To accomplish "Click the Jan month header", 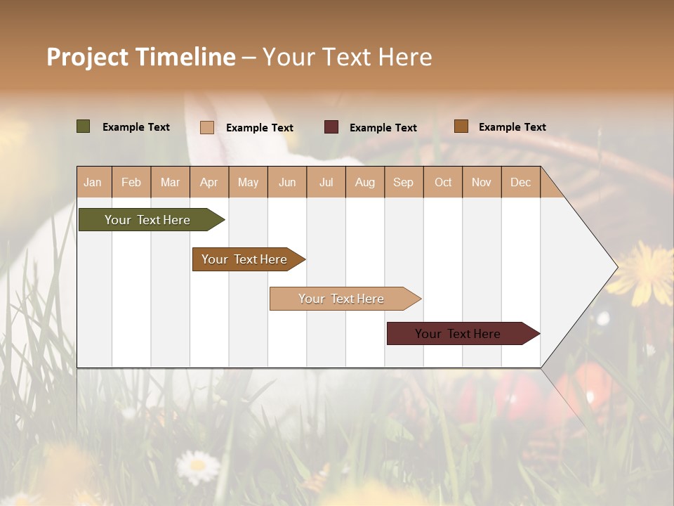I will pyautogui.click(x=93, y=182).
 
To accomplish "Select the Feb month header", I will pyautogui.click(x=131, y=182).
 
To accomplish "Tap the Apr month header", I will pyautogui.click(x=209, y=182).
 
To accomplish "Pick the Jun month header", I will pyautogui.click(x=287, y=182).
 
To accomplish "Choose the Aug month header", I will pyautogui.click(x=364, y=182).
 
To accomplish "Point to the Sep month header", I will pyautogui.click(x=403, y=182).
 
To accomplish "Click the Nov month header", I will pyautogui.click(x=481, y=182).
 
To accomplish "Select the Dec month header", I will pyautogui.click(x=520, y=182).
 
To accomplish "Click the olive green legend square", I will pyautogui.click(x=84, y=126).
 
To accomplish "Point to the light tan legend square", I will pyautogui.click(x=207, y=127).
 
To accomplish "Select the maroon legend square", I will pyautogui.click(x=331, y=127).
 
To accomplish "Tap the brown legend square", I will pyautogui.click(x=461, y=126).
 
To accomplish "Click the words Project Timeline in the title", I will pyautogui.click(x=140, y=57).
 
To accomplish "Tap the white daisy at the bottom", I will pyautogui.click(x=197, y=465).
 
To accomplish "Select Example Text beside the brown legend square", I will pyautogui.click(x=512, y=127).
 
